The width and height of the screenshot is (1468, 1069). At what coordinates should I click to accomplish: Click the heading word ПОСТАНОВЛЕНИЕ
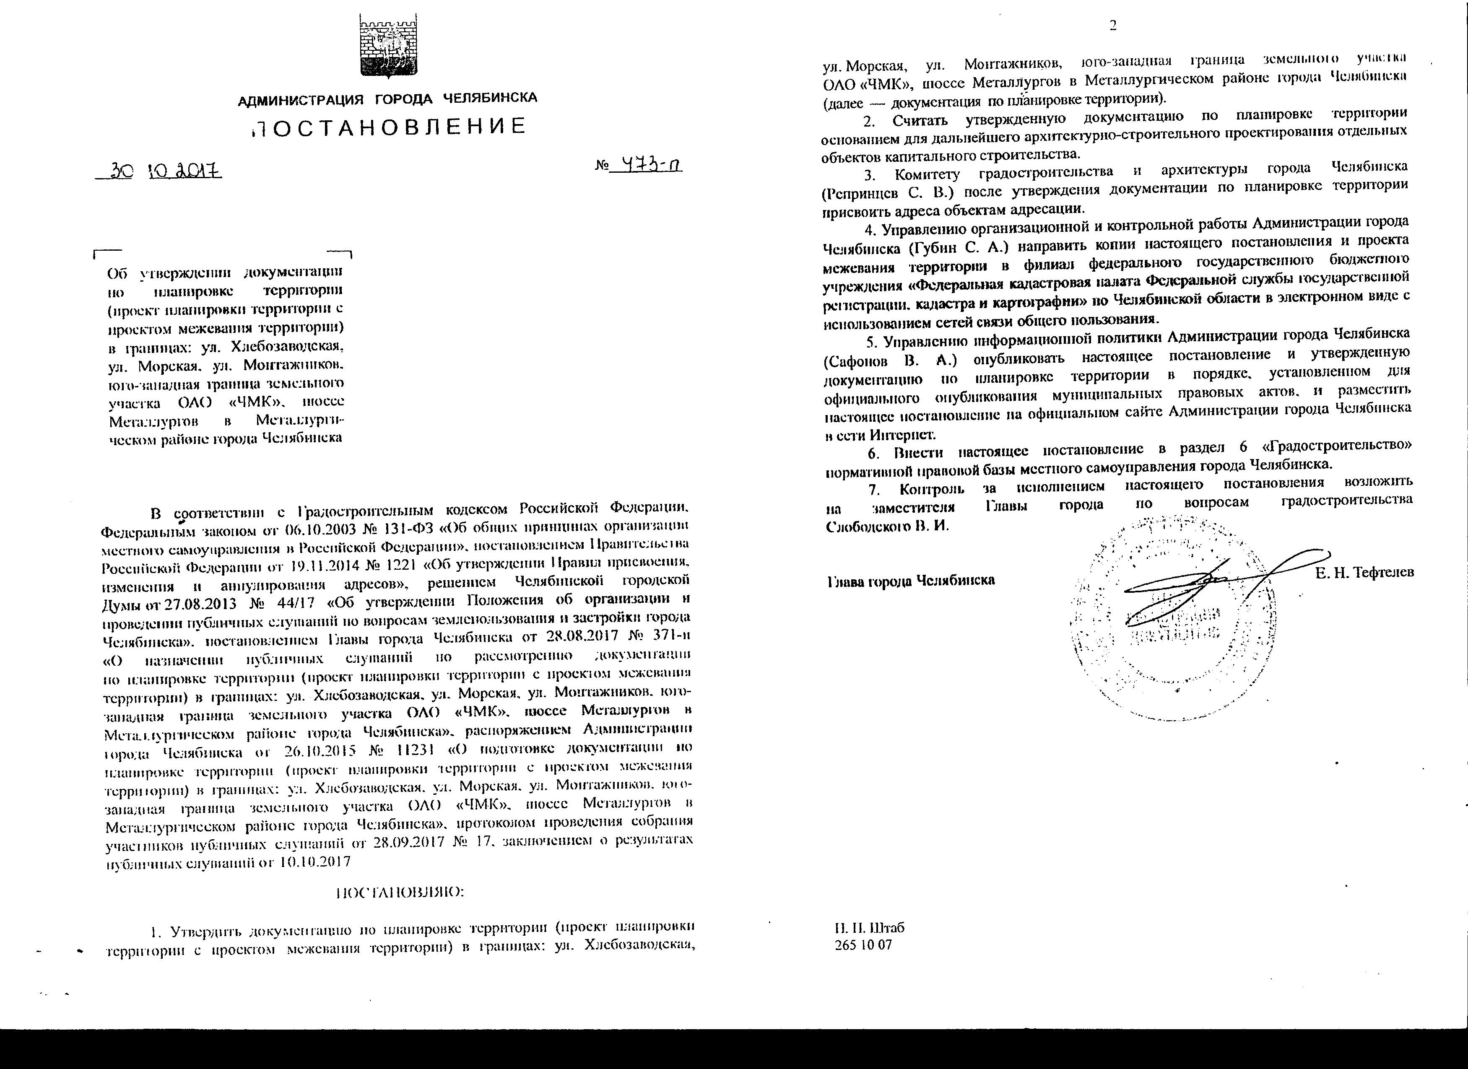(388, 126)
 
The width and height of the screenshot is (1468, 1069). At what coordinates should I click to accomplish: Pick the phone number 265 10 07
(863, 945)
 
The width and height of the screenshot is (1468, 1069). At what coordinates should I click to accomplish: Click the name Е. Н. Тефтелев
(1364, 573)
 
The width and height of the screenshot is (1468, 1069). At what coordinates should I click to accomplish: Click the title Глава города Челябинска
(911, 581)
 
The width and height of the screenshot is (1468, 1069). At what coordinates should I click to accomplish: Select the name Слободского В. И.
(887, 526)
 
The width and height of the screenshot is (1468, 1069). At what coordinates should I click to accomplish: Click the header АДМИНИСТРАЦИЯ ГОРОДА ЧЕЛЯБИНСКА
(388, 99)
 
